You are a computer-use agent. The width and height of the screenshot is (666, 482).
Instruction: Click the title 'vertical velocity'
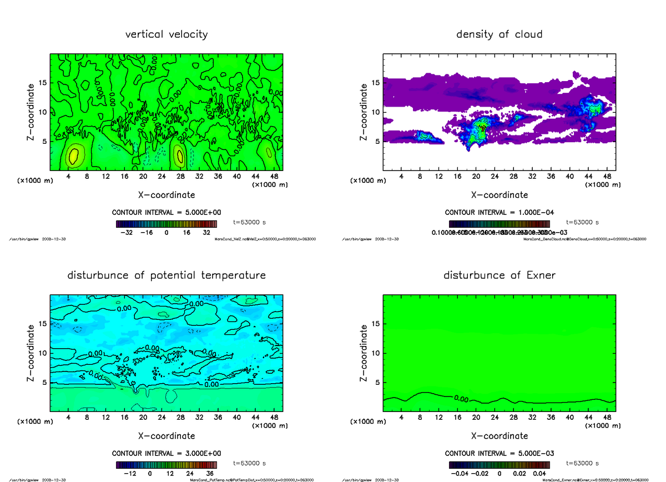[167, 34]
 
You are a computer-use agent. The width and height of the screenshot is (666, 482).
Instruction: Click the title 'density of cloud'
[499, 34]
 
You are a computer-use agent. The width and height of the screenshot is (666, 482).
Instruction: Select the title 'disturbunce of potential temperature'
[167, 275]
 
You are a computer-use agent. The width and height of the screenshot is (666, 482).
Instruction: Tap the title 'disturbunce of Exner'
[499, 275]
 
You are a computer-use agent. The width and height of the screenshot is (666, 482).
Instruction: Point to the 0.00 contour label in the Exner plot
[461, 398]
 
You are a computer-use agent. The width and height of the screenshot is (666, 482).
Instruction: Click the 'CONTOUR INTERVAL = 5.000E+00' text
[167, 213]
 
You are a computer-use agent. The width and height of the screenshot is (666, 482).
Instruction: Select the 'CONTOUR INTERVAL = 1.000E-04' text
[499, 213]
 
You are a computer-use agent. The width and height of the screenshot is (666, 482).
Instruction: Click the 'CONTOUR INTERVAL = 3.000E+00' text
[167, 453]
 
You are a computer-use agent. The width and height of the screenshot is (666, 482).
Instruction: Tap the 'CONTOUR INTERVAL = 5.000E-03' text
[499, 453]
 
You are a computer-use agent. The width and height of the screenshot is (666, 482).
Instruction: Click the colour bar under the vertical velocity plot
[167, 224]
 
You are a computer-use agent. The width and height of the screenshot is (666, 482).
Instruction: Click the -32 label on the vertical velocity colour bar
[129, 233]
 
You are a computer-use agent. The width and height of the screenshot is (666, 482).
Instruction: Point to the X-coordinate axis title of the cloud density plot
[499, 195]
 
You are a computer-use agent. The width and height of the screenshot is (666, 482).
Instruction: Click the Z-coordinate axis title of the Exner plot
[364, 353]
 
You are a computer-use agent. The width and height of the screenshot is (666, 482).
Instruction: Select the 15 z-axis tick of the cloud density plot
[376, 83]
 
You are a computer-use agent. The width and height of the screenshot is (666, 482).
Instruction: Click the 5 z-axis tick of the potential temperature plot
[45, 383]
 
